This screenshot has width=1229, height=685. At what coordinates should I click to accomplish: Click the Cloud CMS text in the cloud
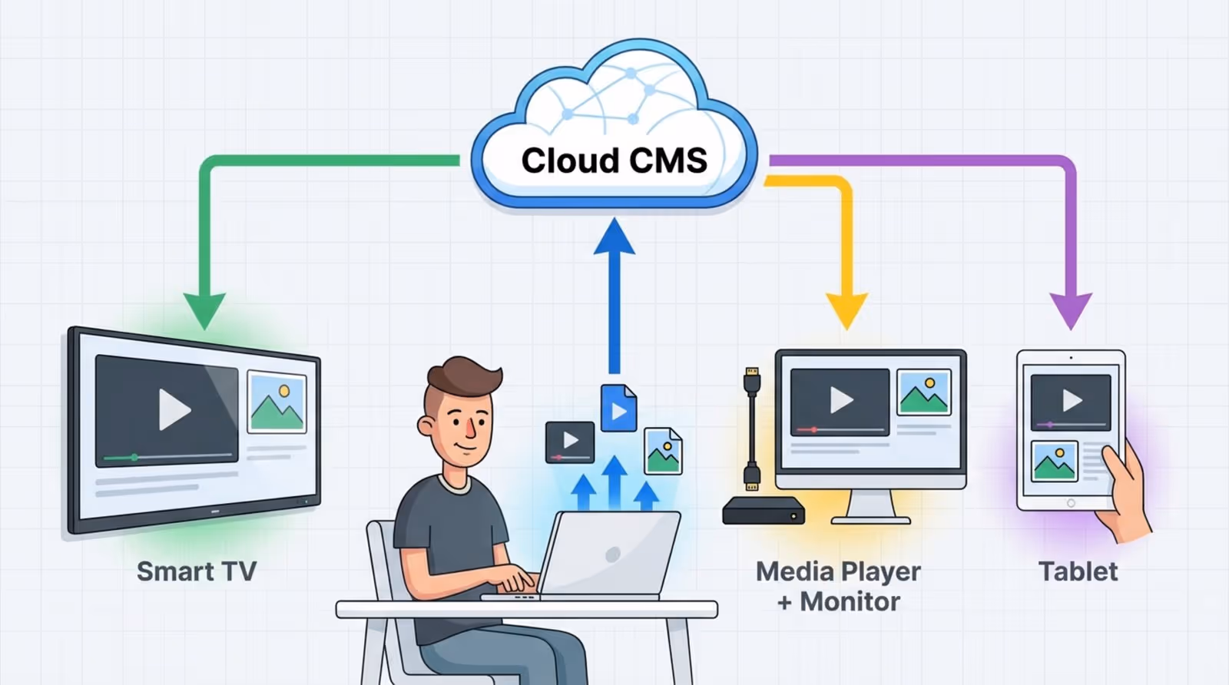click(x=614, y=160)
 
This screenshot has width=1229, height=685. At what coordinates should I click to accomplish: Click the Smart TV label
click(x=197, y=571)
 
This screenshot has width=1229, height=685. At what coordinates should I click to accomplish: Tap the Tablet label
click(x=1078, y=571)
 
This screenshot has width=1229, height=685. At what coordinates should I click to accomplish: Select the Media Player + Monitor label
click(x=838, y=586)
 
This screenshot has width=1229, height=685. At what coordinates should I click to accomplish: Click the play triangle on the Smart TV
click(x=174, y=409)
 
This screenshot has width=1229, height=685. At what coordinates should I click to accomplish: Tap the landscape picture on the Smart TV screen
click(x=277, y=403)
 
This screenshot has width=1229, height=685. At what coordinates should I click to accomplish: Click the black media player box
click(x=763, y=511)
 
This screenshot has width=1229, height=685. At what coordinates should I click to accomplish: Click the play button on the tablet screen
click(x=1072, y=400)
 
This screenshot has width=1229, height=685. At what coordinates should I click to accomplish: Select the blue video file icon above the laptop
click(x=618, y=409)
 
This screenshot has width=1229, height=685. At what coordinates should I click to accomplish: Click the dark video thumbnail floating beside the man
click(x=570, y=442)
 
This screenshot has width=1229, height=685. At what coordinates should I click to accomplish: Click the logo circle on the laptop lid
click(x=612, y=554)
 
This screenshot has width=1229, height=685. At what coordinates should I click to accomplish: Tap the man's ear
click(x=427, y=426)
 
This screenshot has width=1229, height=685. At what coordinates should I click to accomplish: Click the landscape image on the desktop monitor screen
click(x=924, y=392)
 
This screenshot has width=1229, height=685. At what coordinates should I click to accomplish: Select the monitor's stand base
click(x=871, y=519)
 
